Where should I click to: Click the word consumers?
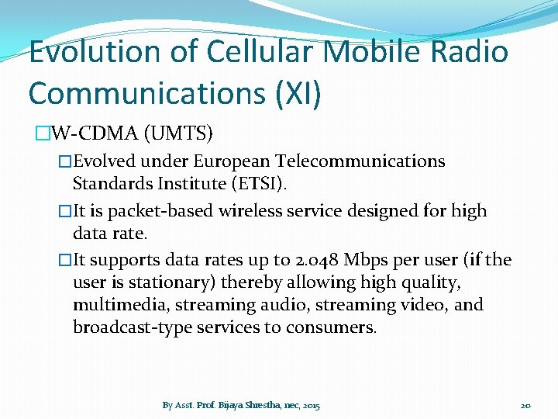click(x=329, y=327)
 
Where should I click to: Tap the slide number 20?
click(x=525, y=405)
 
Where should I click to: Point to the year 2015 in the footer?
click(x=312, y=405)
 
